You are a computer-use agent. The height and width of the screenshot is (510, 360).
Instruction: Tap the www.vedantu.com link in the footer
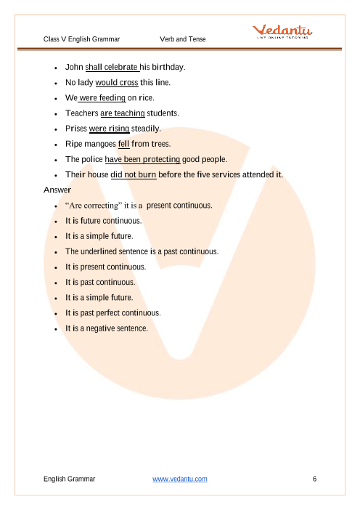tap(180, 479)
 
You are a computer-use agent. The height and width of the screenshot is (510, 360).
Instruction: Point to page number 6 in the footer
tap(314, 479)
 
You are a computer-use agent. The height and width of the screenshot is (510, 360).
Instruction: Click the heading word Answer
tap(57, 190)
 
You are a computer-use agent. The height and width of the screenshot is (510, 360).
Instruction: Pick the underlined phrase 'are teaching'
tap(123, 113)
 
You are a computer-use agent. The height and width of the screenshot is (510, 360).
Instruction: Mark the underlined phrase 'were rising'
tap(109, 129)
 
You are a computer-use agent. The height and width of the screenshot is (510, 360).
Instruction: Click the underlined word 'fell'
tap(123, 144)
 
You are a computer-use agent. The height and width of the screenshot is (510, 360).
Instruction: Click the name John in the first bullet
tap(74, 67)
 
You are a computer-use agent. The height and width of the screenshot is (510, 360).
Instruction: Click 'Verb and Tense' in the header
tap(182, 38)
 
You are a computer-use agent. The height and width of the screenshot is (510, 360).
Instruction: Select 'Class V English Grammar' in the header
tap(81, 38)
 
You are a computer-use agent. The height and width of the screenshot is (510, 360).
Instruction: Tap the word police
tap(91, 159)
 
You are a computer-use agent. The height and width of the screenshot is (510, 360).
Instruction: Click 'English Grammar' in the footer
tap(69, 479)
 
